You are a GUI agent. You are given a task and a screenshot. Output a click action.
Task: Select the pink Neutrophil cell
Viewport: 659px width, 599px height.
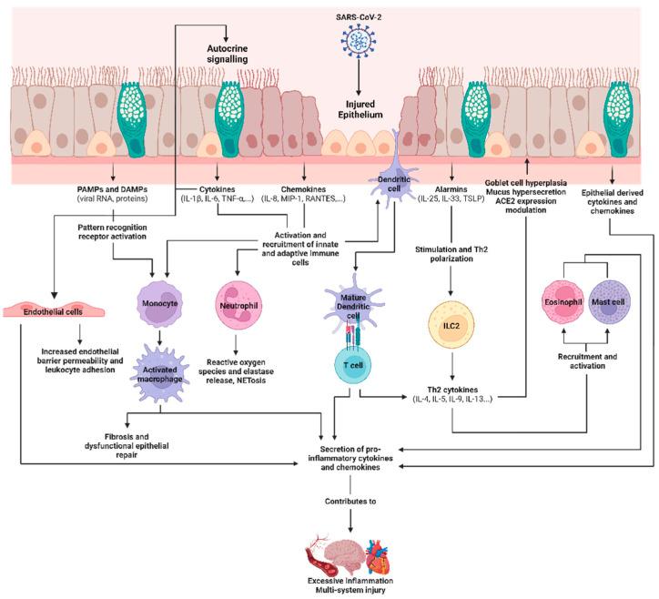[239, 299]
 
